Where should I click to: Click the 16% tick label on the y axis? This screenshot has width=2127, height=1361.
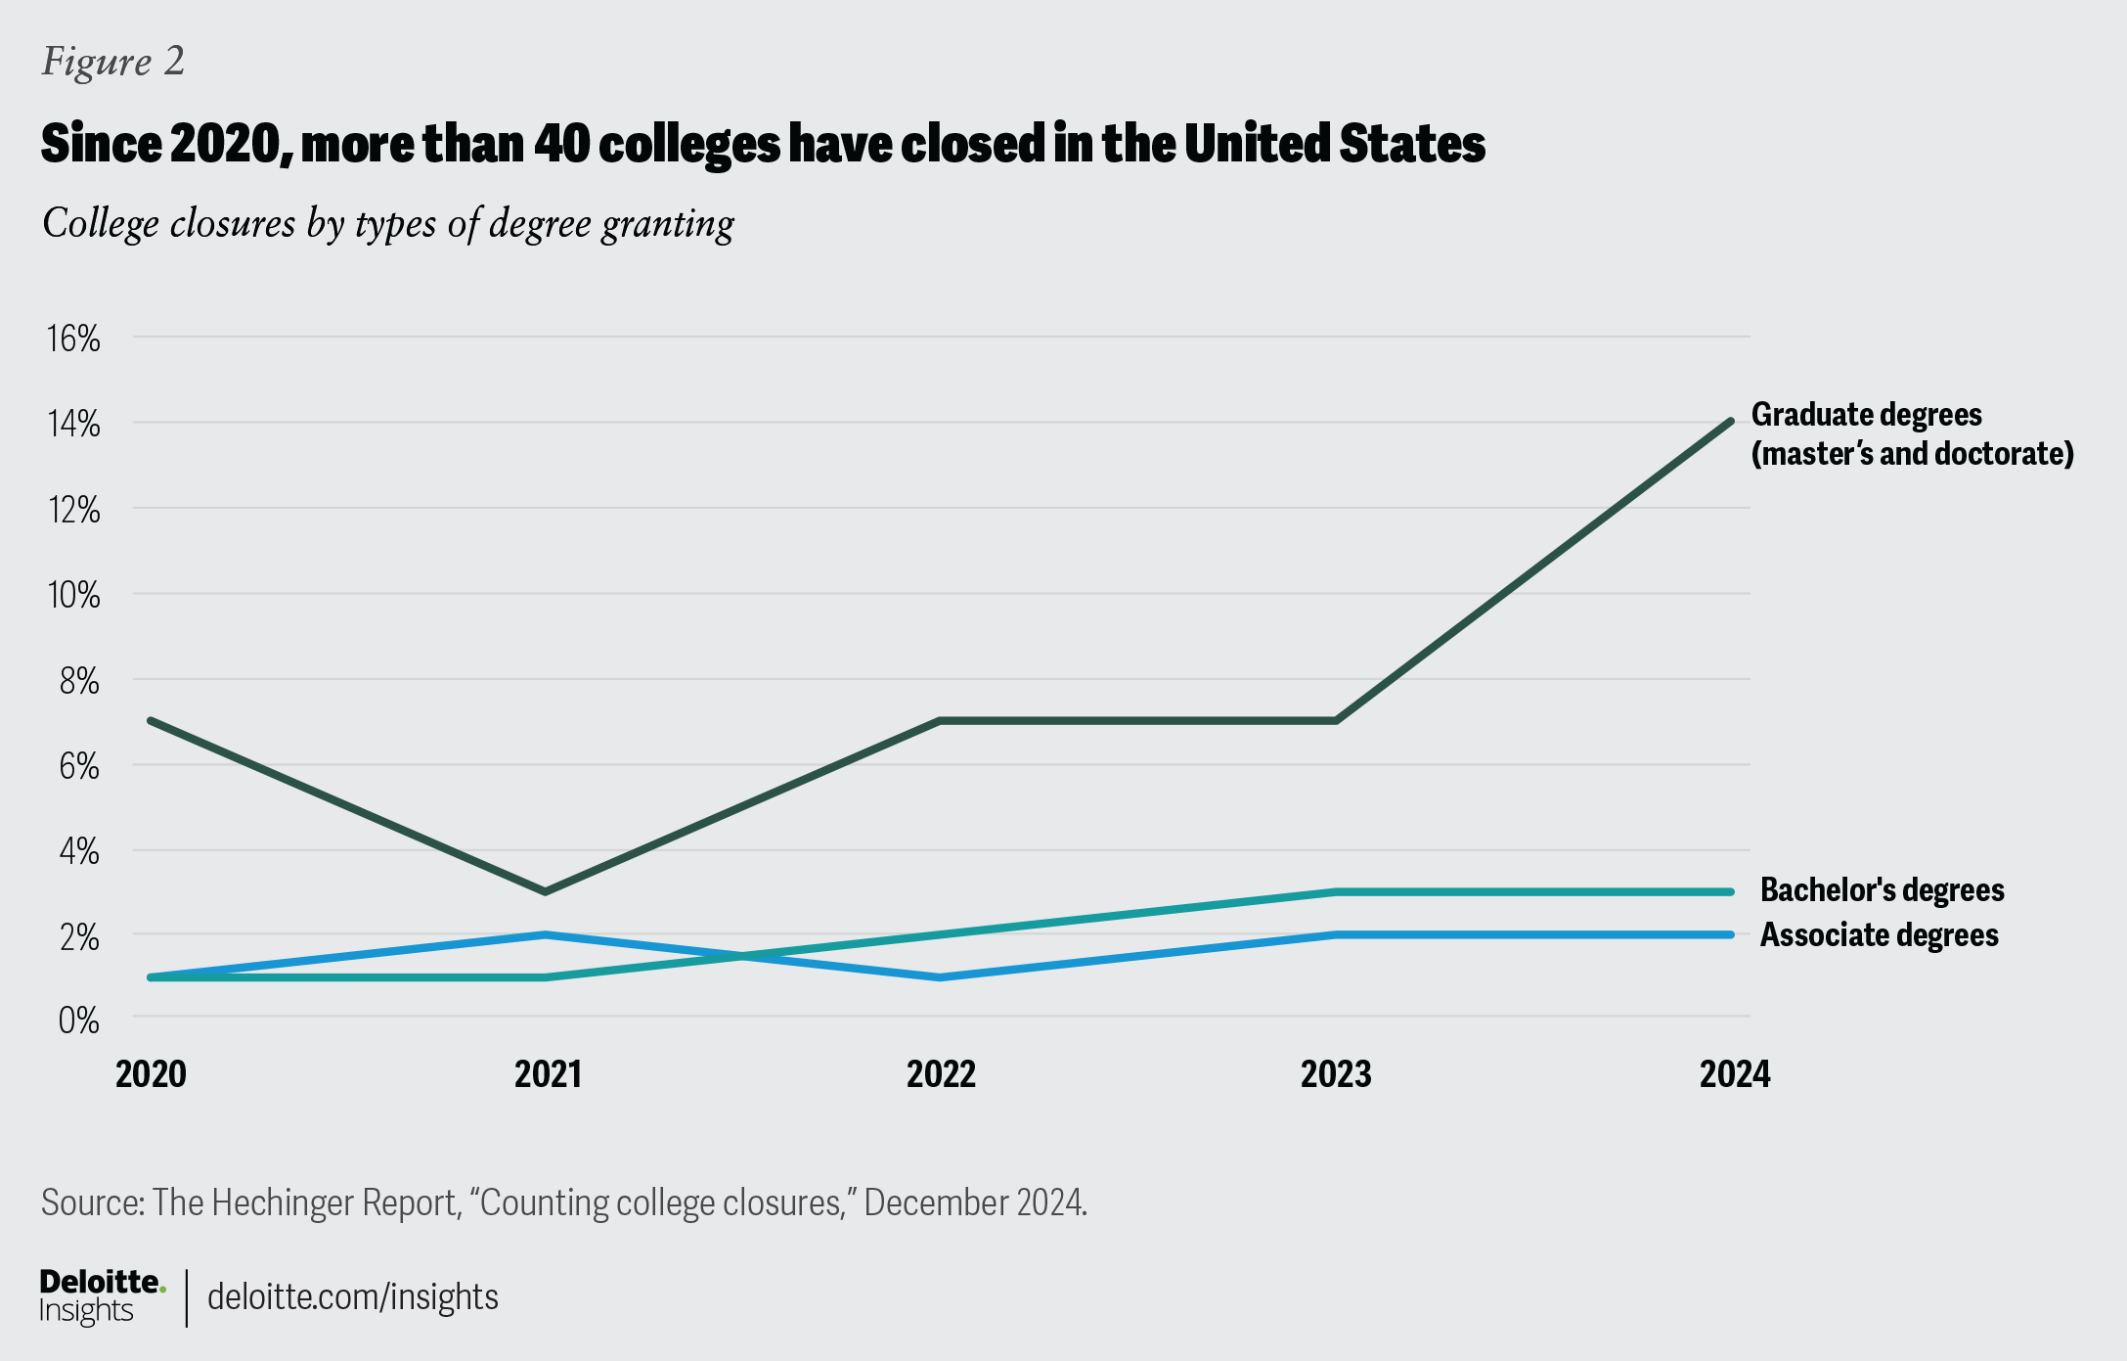(74, 339)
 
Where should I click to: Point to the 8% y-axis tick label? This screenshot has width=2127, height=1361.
(79, 681)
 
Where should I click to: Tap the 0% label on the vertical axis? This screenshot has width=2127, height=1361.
(79, 1021)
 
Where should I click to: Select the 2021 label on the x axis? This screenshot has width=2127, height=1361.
(548, 1074)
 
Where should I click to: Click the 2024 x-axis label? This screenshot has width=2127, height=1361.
(1734, 1074)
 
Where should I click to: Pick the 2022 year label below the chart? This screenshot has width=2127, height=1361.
(941, 1074)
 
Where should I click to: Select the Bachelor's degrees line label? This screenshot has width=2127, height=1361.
(1882, 890)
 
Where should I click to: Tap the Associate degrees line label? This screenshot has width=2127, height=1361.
(1879, 935)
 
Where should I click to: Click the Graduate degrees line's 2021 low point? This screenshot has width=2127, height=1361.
(545, 891)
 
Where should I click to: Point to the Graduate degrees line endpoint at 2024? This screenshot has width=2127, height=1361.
(1731, 422)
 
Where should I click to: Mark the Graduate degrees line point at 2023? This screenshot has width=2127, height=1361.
(1336, 721)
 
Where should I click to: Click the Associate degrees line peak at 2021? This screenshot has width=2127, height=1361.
(545, 934)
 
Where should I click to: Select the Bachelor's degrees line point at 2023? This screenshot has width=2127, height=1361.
(1336, 892)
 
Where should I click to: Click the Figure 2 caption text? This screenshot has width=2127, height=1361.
(112, 62)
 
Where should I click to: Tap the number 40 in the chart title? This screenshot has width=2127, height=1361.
(561, 144)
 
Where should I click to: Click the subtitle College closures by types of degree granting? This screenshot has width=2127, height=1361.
(387, 224)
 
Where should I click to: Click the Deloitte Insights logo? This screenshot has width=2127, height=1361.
(102, 1296)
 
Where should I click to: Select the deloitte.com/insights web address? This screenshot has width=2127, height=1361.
(352, 1297)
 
